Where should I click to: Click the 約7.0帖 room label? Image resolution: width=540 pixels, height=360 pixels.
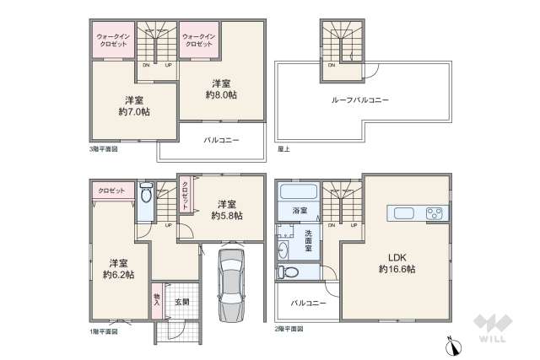pos(134,104)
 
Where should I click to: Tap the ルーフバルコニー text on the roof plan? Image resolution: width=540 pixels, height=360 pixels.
pos(359,100)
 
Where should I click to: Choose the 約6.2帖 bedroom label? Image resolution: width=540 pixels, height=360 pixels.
pos(118,267)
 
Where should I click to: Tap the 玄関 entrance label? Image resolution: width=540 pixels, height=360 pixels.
pos(181,301)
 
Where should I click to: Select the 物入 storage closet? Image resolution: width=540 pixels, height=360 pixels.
pos(157,300)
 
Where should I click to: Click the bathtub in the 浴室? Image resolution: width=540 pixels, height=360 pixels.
pos(296,190)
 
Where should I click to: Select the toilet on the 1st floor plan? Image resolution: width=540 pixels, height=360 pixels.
pos(147,195)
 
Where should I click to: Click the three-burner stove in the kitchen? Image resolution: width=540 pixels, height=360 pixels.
pos(435,212)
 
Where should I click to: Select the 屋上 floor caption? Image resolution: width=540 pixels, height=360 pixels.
pos(283,148)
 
